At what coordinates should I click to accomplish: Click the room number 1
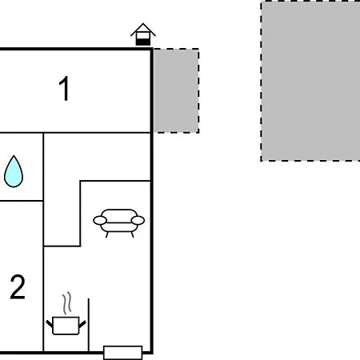point(64,88)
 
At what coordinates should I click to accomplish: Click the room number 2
point(18,287)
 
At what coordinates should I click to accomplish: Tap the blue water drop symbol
point(14,172)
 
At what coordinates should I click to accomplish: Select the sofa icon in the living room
point(119,223)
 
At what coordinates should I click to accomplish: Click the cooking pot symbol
point(66,326)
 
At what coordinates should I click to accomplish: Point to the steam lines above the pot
point(67,303)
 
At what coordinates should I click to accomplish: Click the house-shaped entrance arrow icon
point(143,34)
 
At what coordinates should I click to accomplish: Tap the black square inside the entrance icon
point(143,42)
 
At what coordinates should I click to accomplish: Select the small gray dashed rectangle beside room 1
point(176,90)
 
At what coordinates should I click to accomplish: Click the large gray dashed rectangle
point(310,81)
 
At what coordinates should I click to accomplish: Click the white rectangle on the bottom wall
point(122,353)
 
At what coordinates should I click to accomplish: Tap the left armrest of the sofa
point(100,221)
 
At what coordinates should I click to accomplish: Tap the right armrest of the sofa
point(138,221)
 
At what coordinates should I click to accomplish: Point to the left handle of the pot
point(50,324)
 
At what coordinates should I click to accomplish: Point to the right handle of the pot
point(82,324)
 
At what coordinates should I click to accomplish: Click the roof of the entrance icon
point(143,30)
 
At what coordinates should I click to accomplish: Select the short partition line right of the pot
point(89,325)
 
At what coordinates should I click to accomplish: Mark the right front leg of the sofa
point(132,234)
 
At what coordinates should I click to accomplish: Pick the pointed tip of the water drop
point(14,156)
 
